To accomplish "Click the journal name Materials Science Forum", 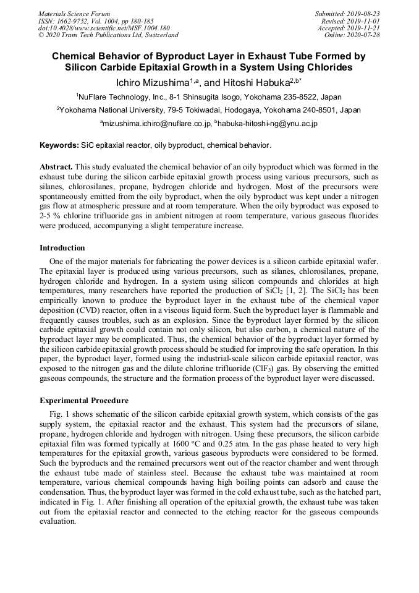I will click(74, 14).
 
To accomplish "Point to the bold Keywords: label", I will click(59, 145).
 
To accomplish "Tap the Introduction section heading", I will click(62, 248).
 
